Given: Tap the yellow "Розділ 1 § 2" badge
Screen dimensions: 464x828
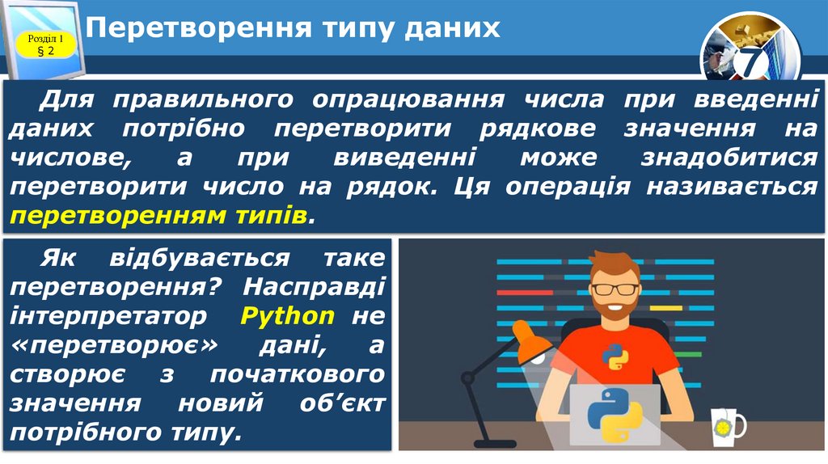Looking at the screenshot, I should pyautogui.click(x=46, y=44).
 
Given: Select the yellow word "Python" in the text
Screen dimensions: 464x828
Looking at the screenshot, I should pyautogui.click(x=287, y=315).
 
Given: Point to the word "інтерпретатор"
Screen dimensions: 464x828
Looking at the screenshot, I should pyautogui.click(x=109, y=315).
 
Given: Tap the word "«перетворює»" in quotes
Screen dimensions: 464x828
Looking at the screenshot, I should pyautogui.click(x=116, y=345).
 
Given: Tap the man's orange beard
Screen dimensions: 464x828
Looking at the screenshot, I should pyautogui.click(x=616, y=311).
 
